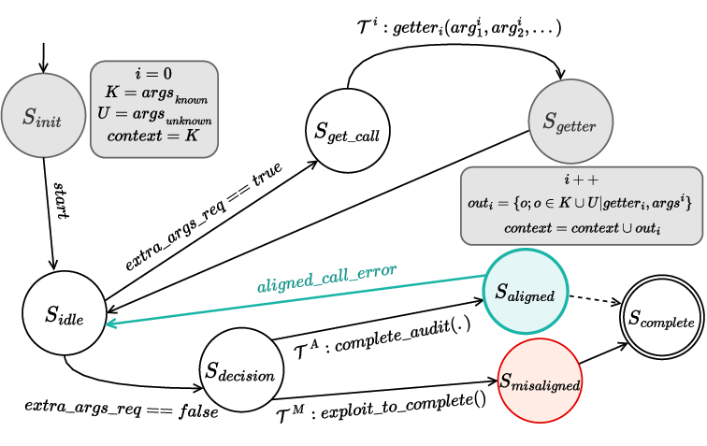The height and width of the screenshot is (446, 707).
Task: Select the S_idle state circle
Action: point(64,315)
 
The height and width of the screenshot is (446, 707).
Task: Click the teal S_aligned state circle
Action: point(525,294)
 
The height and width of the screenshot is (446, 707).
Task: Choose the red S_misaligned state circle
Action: point(540,382)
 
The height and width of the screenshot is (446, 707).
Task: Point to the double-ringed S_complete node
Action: point(660,323)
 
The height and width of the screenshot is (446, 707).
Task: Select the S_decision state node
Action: point(238,375)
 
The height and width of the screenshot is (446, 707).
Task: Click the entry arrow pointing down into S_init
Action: point(41,56)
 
